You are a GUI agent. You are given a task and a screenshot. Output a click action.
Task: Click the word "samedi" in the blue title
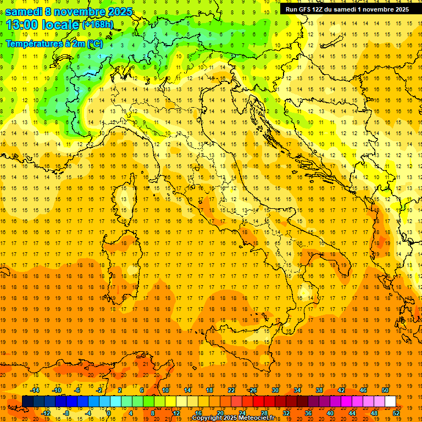24,12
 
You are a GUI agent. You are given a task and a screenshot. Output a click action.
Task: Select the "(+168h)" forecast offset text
97,25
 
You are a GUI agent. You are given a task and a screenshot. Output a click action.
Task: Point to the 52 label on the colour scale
396,413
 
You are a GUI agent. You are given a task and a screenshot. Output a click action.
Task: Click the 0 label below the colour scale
109,413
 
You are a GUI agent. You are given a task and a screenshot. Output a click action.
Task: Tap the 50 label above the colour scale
385,390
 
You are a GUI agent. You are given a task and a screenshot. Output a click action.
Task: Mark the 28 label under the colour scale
264,413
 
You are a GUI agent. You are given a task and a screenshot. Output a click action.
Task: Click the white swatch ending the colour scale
390,402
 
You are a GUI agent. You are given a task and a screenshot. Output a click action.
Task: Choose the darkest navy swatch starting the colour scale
27,402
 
